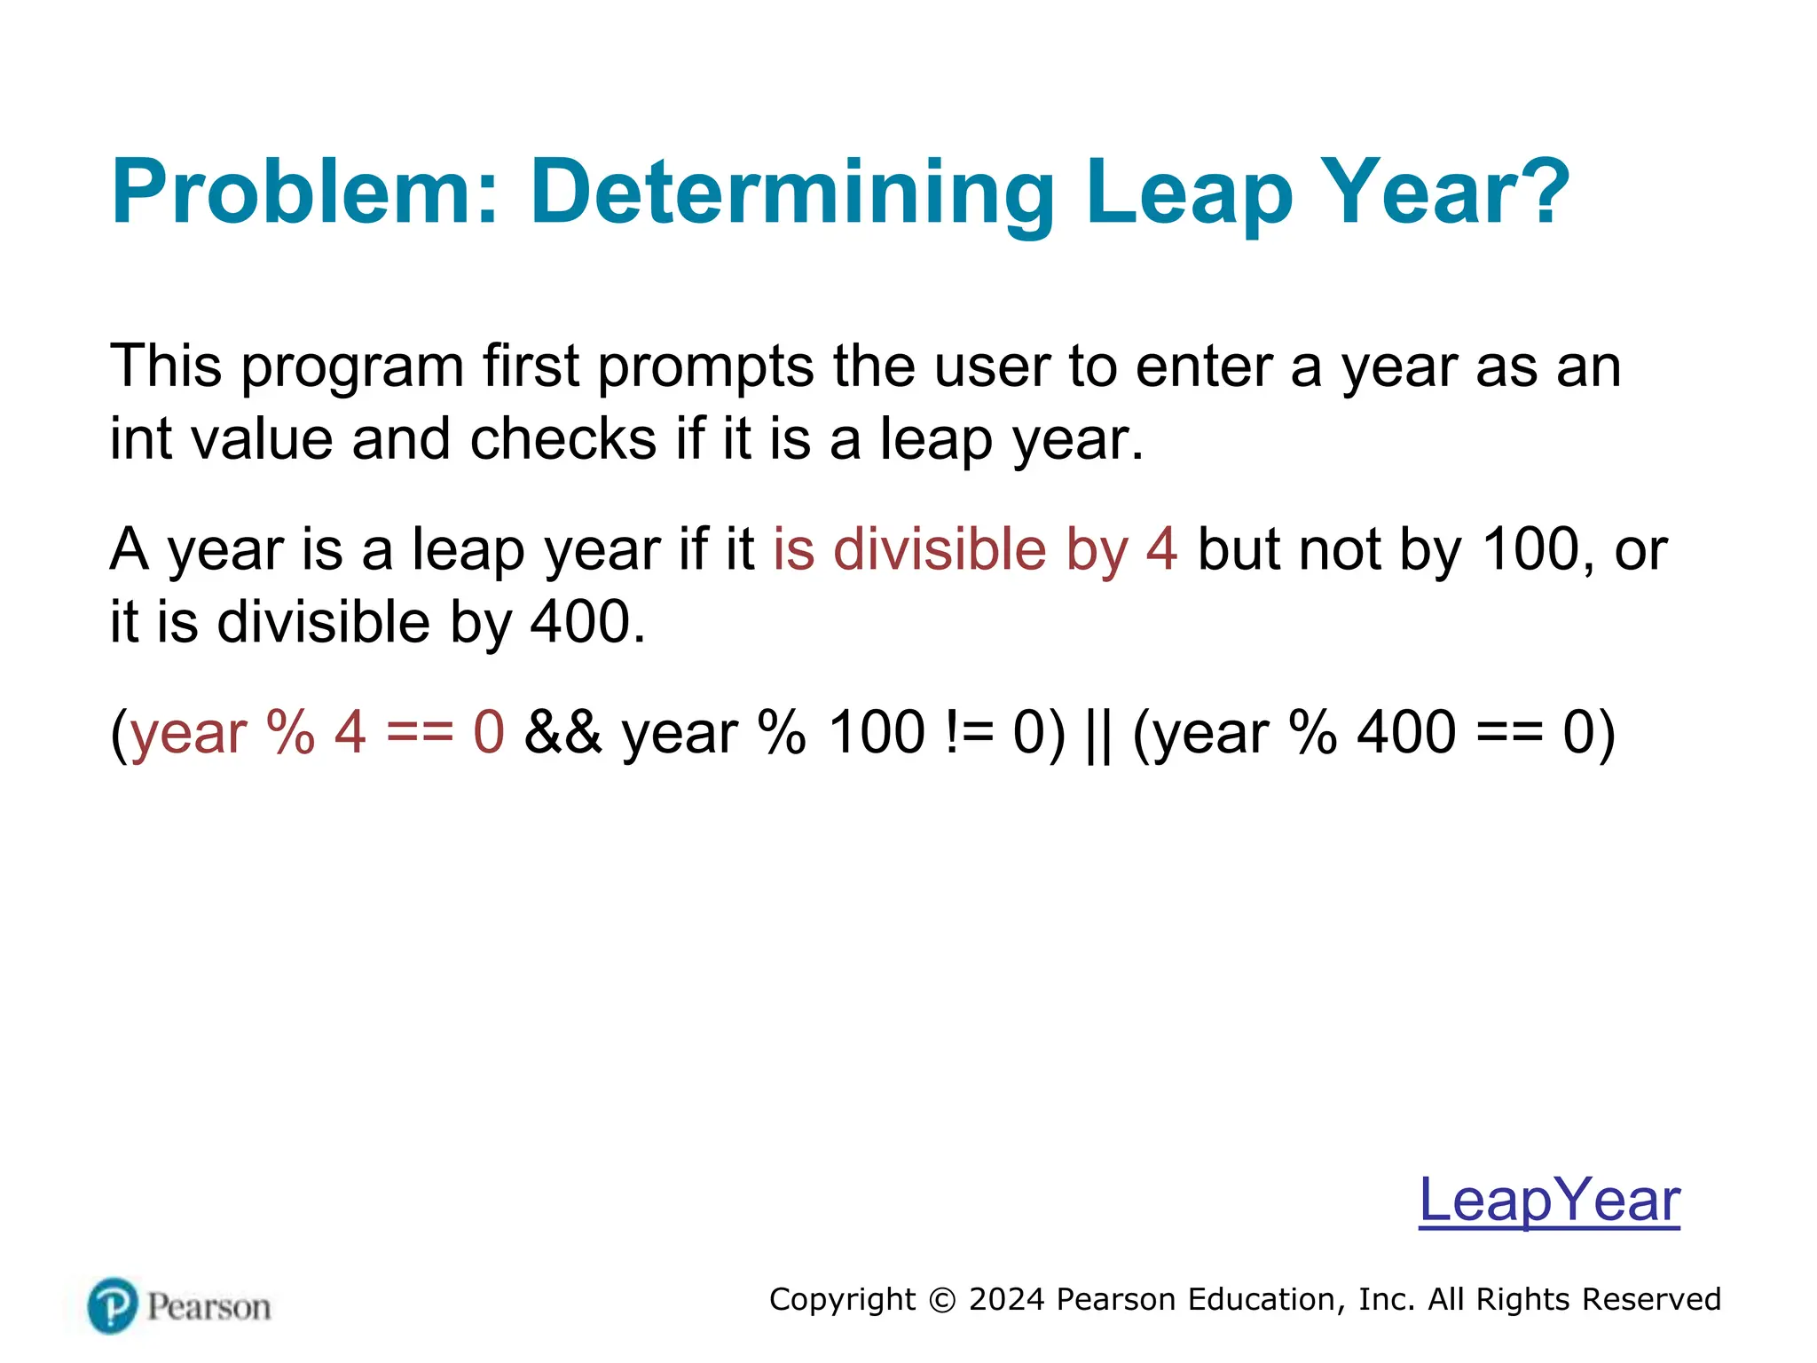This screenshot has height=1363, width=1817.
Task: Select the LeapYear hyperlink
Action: point(1549,1200)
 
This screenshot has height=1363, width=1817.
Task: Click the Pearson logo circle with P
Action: point(113,1305)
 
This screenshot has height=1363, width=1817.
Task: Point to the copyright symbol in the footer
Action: point(941,1300)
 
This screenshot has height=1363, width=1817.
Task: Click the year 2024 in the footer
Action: point(1008,1299)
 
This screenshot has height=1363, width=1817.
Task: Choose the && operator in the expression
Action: point(562,733)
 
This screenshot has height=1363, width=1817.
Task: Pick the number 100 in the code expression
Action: point(877,733)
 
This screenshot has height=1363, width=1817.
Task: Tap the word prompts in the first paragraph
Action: point(704,367)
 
